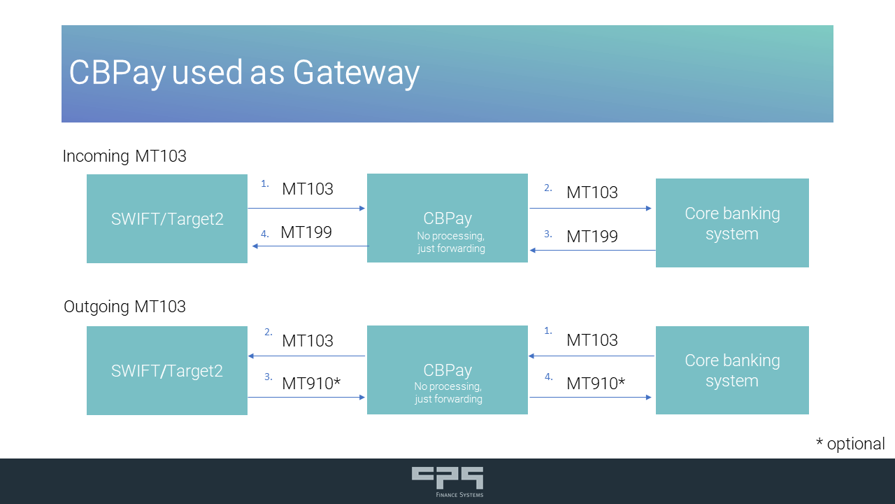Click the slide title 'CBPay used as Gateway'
(x=244, y=73)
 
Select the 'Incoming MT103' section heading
(x=124, y=156)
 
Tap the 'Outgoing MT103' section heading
(x=124, y=307)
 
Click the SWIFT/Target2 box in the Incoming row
(x=167, y=218)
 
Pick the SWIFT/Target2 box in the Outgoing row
(x=167, y=370)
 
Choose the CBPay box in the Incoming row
(x=447, y=218)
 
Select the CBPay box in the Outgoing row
(x=447, y=370)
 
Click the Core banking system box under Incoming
(x=732, y=223)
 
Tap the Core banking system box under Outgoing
(x=732, y=370)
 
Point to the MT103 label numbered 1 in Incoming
(x=308, y=189)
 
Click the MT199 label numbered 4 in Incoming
(x=306, y=232)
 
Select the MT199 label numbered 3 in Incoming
(x=592, y=237)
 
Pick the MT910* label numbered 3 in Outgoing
(x=311, y=384)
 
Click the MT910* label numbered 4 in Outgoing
(x=596, y=384)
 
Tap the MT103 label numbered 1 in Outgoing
(x=592, y=340)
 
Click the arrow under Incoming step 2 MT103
(x=591, y=208)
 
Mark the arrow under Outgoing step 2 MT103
(x=306, y=356)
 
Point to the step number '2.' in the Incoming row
(x=548, y=188)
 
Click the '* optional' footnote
(x=850, y=444)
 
